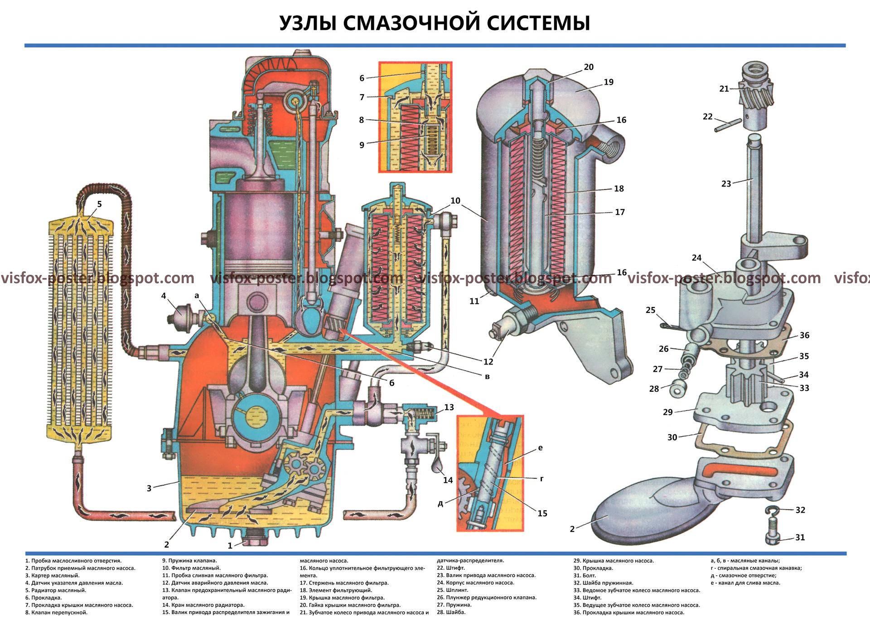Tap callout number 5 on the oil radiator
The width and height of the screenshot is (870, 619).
click(x=99, y=204)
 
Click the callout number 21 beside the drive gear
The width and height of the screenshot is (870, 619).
click(x=724, y=89)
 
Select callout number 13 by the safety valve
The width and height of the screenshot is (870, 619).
click(x=449, y=407)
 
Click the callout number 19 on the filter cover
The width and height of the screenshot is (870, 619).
click(x=608, y=82)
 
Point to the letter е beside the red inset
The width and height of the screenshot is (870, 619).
click(x=540, y=447)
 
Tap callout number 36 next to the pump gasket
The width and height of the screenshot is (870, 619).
click(x=804, y=335)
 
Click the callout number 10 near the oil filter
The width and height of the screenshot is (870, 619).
click(x=455, y=201)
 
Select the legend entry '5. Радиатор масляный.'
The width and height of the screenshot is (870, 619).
click(x=56, y=590)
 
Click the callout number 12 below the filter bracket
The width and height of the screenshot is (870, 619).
click(x=488, y=362)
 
